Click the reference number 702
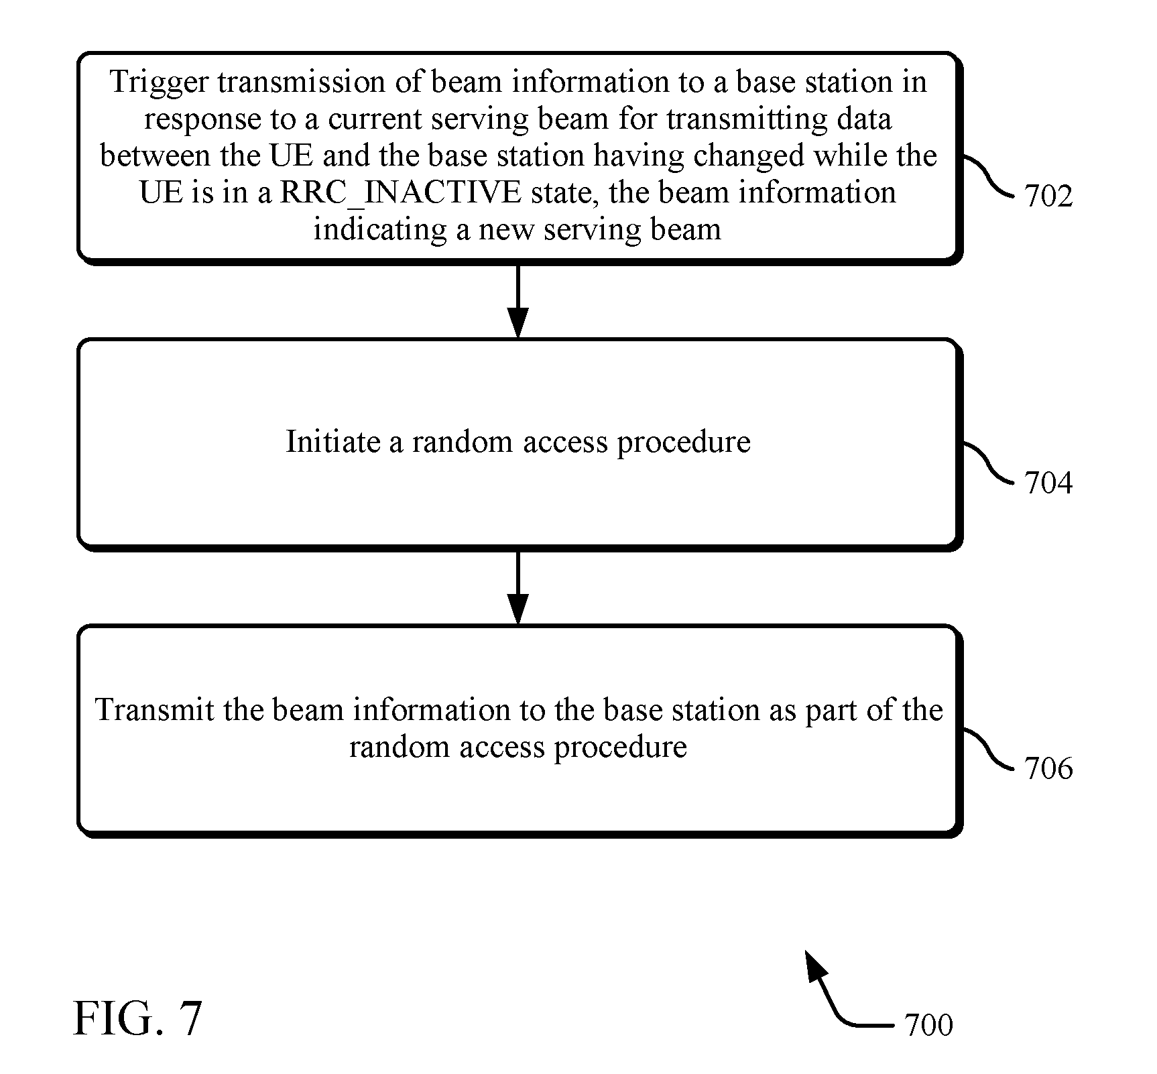click(1048, 196)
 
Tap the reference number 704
click(1048, 483)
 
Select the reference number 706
click(1048, 768)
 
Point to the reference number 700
click(928, 1025)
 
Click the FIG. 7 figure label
click(137, 1019)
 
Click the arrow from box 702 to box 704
click(517, 301)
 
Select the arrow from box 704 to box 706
click(517, 588)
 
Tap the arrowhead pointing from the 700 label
click(816, 965)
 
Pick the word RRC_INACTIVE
click(401, 193)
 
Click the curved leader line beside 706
click(989, 748)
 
